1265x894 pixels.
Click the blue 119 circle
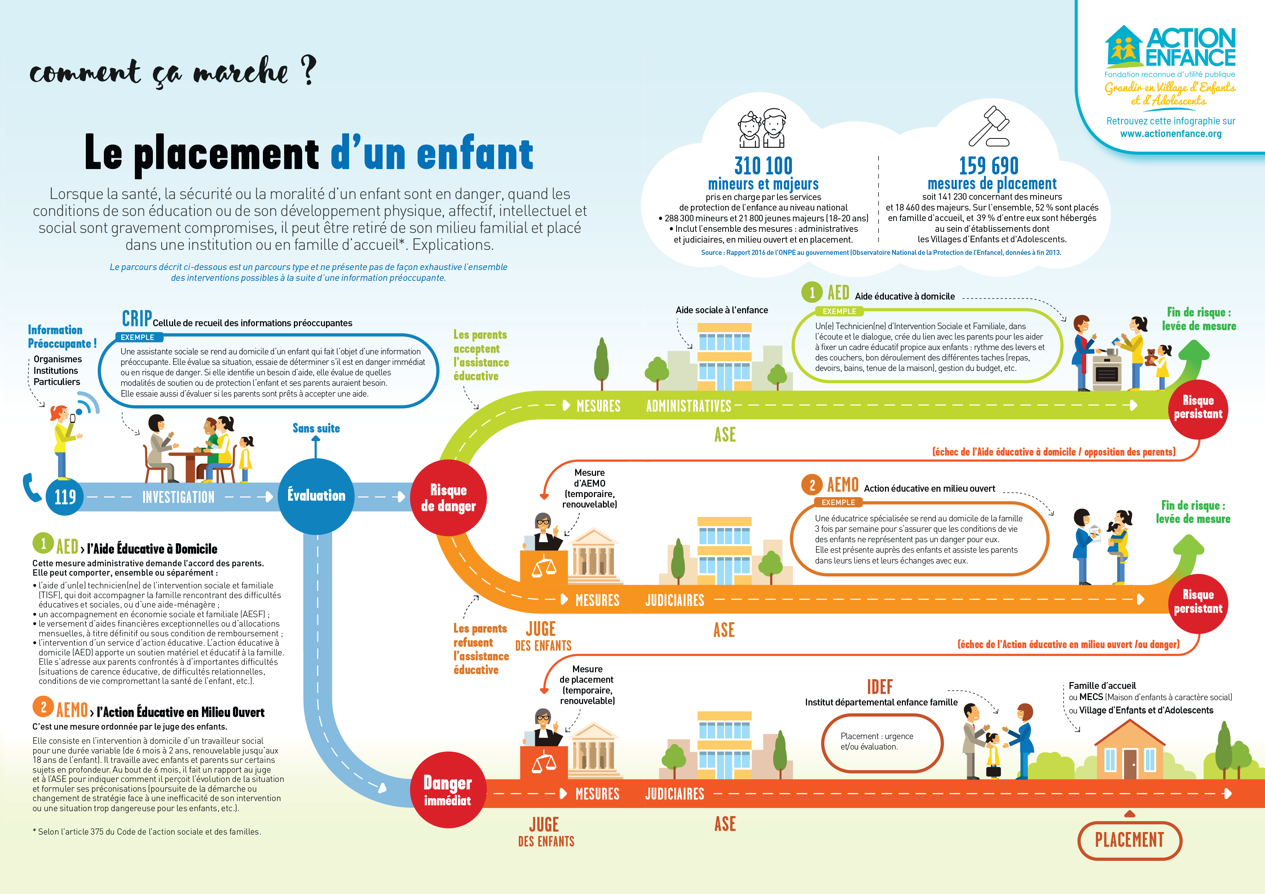coord(65,497)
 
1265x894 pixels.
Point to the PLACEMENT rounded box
coord(1129,840)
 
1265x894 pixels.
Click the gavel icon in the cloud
coord(989,126)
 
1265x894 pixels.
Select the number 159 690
coord(989,165)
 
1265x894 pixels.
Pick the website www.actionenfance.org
coord(1171,133)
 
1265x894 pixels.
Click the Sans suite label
coord(316,428)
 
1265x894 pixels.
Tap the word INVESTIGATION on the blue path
coord(178,497)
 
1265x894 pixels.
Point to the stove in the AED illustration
coord(1106,372)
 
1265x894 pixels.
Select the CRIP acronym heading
coord(137,318)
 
